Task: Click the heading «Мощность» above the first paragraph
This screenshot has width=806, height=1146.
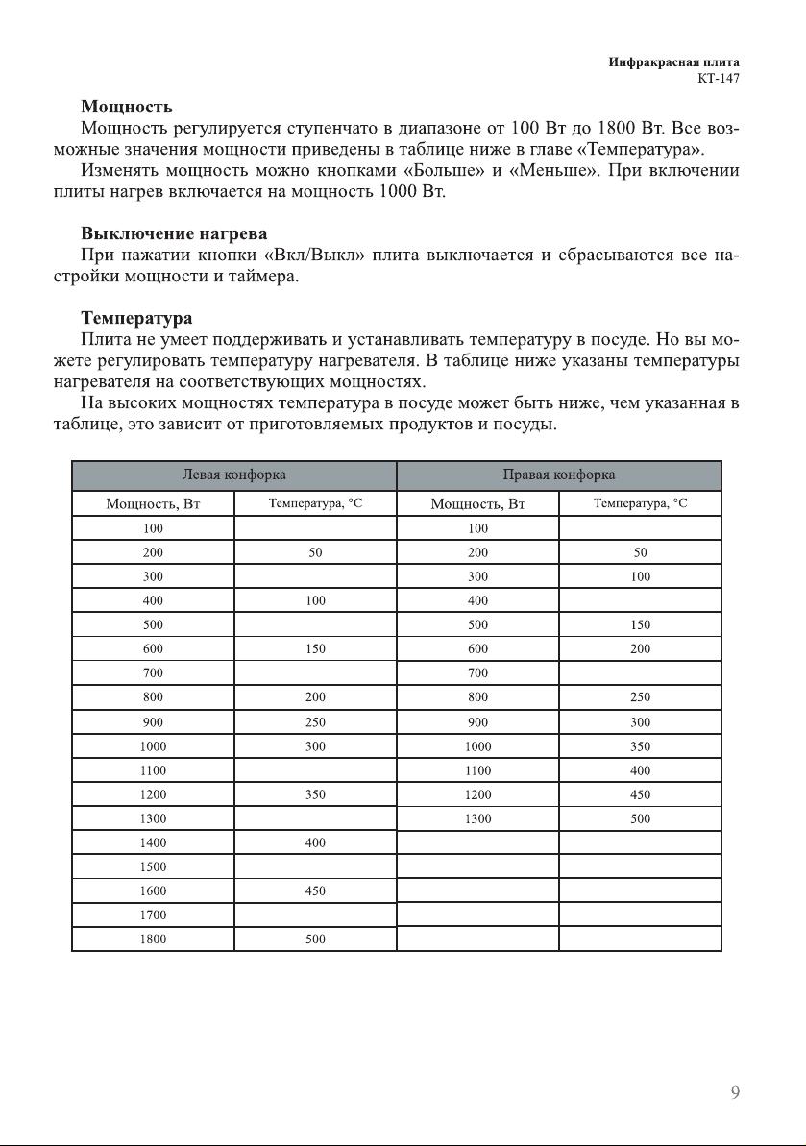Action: pyautogui.click(x=127, y=105)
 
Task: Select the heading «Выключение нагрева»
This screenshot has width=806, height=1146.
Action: pyautogui.click(x=174, y=233)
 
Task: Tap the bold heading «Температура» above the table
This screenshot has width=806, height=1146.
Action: pyautogui.click(x=136, y=317)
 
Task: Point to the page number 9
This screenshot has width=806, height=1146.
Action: pyautogui.click(x=735, y=1092)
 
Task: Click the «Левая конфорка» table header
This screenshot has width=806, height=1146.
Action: pyautogui.click(x=234, y=475)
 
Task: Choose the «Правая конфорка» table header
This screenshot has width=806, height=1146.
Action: pyautogui.click(x=559, y=475)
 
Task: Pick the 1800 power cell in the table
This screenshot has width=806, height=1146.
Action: pyautogui.click(x=153, y=939)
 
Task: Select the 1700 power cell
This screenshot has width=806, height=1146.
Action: pyautogui.click(x=153, y=915)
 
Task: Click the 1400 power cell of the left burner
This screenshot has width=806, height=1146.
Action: pyautogui.click(x=153, y=842)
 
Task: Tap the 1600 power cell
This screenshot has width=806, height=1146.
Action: pyautogui.click(x=153, y=891)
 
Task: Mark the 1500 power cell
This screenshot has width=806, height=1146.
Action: pyautogui.click(x=153, y=867)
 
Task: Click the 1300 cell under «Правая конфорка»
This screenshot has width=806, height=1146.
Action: pyautogui.click(x=477, y=819)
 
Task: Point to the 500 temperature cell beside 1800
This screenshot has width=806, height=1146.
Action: pyautogui.click(x=315, y=939)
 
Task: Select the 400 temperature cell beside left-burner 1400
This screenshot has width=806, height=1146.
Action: pyautogui.click(x=315, y=842)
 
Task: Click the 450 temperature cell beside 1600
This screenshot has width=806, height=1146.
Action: pyautogui.click(x=315, y=891)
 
